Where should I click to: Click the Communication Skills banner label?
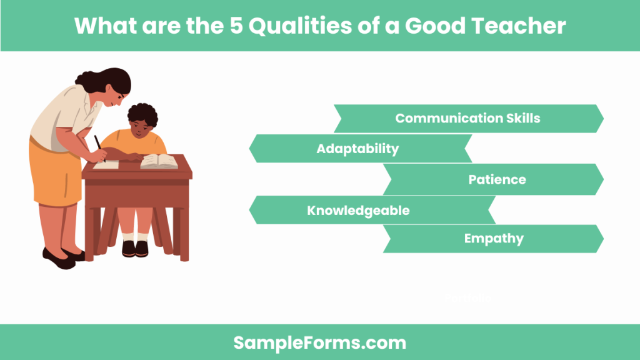click(x=467, y=118)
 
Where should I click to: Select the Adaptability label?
click(x=357, y=149)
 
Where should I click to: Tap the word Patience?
click(x=497, y=179)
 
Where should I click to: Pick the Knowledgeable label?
click(x=358, y=211)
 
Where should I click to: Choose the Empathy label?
click(x=494, y=238)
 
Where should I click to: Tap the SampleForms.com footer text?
click(x=319, y=342)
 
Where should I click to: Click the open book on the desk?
click(x=157, y=162)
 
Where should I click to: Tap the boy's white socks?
click(x=135, y=237)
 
